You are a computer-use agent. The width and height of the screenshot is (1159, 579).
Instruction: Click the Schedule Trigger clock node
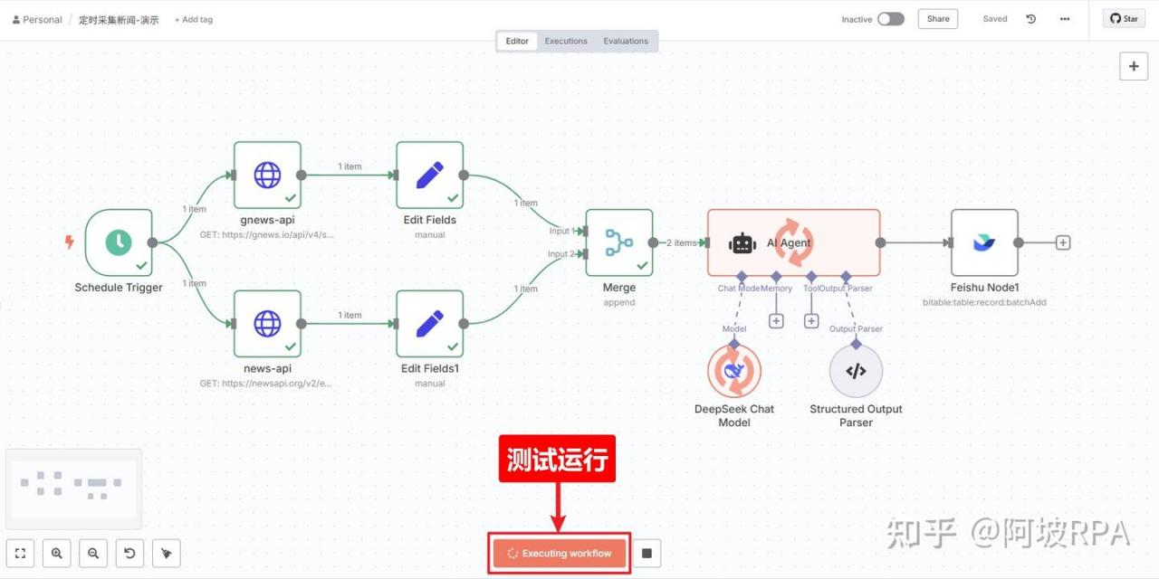pos(119,242)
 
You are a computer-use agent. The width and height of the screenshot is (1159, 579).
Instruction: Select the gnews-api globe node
pos(267,175)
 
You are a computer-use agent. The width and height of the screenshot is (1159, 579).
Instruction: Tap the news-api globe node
pos(267,324)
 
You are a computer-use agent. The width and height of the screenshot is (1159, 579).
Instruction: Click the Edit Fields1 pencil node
pos(430,324)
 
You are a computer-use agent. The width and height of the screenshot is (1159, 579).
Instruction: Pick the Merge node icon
pos(618,242)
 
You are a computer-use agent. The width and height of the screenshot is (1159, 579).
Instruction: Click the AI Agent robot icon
pos(742,243)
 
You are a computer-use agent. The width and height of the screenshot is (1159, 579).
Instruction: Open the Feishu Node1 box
pos(984,242)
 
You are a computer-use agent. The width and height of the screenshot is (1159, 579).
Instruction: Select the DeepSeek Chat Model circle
pos(734,371)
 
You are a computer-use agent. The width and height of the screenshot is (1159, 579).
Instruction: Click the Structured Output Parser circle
pos(856,371)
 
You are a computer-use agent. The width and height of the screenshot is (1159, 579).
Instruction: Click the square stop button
pos(647,553)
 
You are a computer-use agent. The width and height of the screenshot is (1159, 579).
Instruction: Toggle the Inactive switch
pos(891,19)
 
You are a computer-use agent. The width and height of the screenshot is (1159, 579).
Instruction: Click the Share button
pos(938,19)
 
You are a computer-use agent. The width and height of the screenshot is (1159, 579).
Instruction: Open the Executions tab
pos(566,41)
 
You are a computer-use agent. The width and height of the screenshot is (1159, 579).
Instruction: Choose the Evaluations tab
pos(626,41)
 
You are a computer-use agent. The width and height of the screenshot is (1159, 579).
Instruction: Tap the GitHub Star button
pos(1124,19)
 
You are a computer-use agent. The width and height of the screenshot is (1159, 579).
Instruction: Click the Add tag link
pos(194,20)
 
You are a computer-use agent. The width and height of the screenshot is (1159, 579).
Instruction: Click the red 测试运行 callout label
pos(557,459)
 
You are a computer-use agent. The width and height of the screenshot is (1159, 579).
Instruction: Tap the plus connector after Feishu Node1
pos(1063,242)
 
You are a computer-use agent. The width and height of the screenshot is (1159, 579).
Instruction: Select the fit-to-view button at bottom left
pos(20,553)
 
